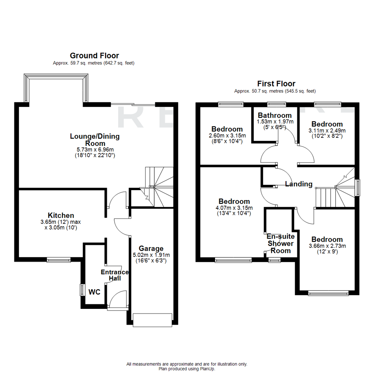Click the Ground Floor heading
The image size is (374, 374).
pos(94,56)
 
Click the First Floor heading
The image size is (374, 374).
pos(276,84)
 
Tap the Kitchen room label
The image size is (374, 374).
pos(61,215)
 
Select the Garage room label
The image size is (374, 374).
pos(151,248)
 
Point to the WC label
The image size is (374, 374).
pos(94,292)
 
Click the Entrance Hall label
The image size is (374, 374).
pos(115,275)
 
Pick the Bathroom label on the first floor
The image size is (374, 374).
pos(275,115)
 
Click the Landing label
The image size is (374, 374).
pos(299,184)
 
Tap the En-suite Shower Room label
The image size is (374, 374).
pos(280,243)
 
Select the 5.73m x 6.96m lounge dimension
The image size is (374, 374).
pos(95,149)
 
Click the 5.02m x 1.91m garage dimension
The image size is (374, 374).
pos(151,255)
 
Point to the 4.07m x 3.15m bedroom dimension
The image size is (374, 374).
pos(234,208)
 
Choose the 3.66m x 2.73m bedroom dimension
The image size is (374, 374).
pos(327,246)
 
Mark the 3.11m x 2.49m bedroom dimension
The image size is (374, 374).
pos(327,131)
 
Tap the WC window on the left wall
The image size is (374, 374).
pos(82,290)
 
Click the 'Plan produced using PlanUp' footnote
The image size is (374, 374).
pos(187,369)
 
